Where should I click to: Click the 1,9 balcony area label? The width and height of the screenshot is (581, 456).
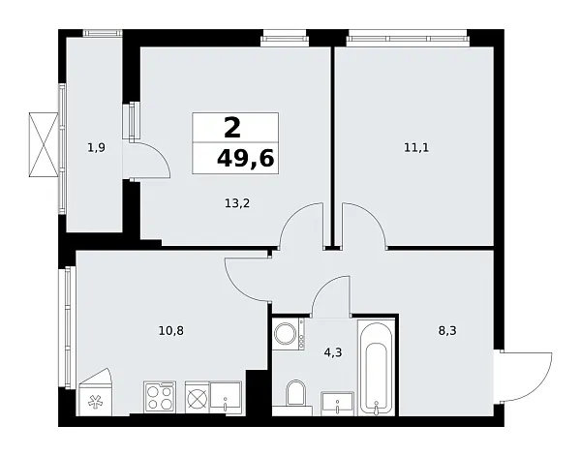[96, 148]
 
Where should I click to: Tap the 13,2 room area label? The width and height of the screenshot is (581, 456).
[237, 203]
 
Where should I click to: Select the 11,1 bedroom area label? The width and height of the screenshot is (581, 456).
[416, 148]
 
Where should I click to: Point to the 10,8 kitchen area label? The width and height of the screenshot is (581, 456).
[171, 330]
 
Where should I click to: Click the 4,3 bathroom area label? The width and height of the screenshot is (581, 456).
[333, 352]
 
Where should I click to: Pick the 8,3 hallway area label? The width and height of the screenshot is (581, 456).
[447, 330]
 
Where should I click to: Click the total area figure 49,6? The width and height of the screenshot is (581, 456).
[245, 159]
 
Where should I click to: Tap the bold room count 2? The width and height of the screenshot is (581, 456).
[232, 128]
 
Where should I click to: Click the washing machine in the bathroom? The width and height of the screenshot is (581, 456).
[288, 333]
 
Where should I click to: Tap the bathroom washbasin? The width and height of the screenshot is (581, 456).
[337, 403]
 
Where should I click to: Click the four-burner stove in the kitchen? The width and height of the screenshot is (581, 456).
[160, 397]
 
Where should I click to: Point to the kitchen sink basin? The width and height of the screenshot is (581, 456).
[226, 397]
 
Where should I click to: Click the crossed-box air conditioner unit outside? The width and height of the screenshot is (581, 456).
[44, 144]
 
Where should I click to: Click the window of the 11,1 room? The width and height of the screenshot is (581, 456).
[408, 38]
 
